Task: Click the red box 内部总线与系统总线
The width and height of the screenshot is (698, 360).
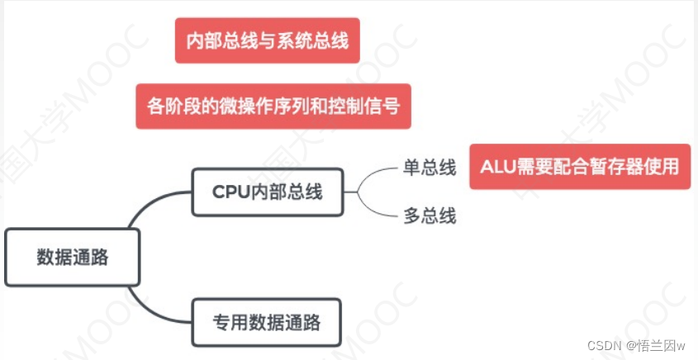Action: [x=267, y=40]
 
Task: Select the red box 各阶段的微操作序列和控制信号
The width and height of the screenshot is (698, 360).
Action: [x=273, y=107]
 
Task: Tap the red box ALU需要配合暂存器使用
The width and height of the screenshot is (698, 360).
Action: [x=579, y=167]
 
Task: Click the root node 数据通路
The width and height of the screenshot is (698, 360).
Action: [x=73, y=257]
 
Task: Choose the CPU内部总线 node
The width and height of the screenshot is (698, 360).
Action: [x=267, y=192]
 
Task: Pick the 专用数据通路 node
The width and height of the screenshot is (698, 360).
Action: [x=266, y=321]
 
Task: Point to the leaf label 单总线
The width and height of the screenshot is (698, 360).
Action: [x=430, y=168]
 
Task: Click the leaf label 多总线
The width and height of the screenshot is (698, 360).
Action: [x=430, y=216]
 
